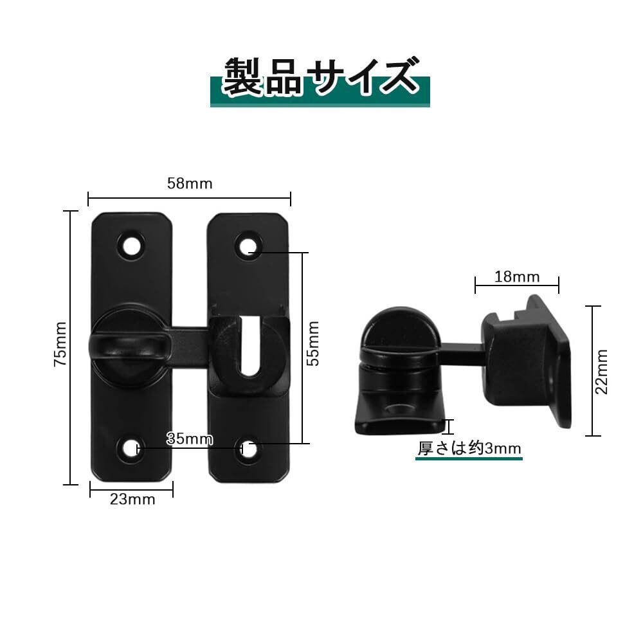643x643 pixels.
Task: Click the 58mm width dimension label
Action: (190, 183)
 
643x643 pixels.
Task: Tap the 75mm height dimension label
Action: (60, 344)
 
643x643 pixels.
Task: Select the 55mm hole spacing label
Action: (313, 343)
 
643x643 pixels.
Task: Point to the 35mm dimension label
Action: (190, 439)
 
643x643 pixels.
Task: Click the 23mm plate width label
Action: (132, 499)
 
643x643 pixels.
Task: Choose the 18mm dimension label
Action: (517, 276)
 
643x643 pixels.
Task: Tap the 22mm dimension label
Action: (601, 372)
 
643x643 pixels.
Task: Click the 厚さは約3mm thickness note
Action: (469, 448)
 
